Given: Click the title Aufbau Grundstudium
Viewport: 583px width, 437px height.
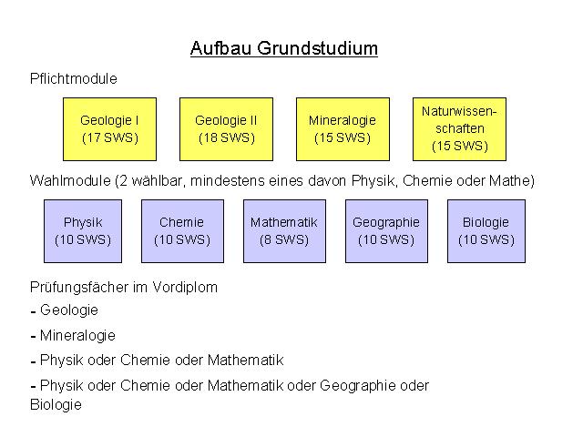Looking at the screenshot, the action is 284,48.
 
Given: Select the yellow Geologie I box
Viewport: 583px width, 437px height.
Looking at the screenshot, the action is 109,129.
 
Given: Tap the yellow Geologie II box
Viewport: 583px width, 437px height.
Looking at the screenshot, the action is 226,129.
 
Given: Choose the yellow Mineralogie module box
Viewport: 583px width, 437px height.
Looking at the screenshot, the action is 343,129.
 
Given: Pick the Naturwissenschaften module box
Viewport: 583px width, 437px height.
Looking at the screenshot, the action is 459,129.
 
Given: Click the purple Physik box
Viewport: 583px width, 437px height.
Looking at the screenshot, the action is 83,231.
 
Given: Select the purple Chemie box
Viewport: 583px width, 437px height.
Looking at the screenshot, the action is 182,231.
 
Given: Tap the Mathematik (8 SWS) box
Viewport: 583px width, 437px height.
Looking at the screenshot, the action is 284,231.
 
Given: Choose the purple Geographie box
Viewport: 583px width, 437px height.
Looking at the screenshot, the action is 386,231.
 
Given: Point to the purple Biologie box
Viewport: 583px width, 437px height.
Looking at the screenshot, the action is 486,231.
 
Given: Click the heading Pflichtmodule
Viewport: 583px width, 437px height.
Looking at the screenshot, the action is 74,79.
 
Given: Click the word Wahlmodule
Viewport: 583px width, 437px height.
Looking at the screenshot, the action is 70,181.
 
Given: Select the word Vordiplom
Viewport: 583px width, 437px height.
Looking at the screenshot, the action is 185,288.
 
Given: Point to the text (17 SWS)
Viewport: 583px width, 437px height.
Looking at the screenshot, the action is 110,137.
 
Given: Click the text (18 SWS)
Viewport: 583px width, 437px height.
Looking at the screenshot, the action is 227,137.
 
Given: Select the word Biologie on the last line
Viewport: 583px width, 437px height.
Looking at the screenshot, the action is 56,405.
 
